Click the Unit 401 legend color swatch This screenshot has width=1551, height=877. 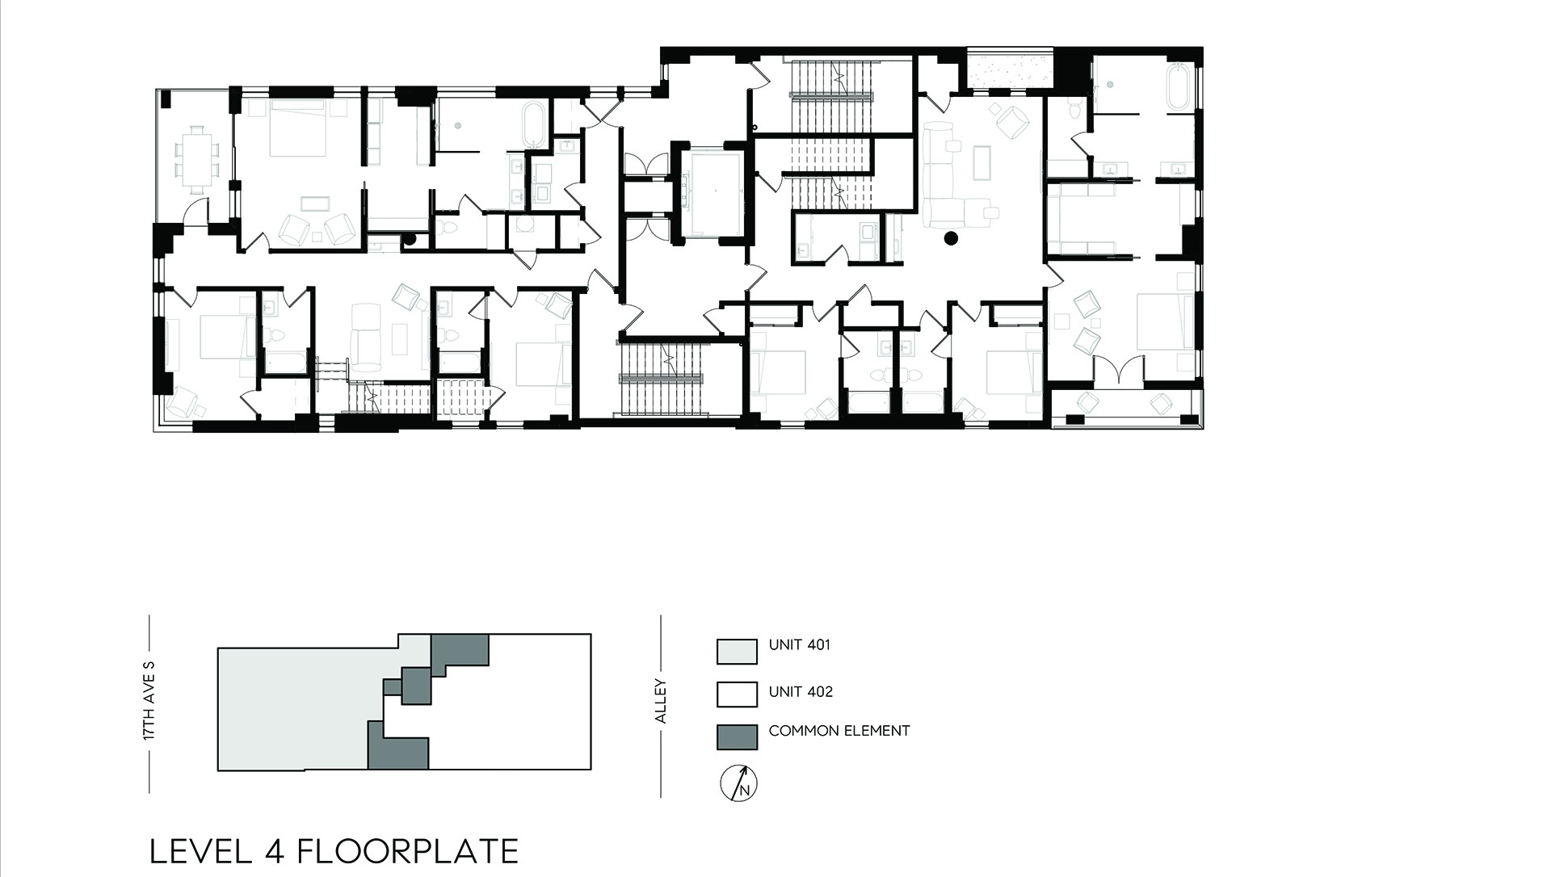click(x=737, y=651)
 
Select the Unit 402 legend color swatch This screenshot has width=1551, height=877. click(x=737, y=694)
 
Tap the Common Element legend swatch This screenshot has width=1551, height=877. click(x=737, y=736)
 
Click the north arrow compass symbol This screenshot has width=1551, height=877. click(x=738, y=783)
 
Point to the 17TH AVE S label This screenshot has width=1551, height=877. click(x=149, y=701)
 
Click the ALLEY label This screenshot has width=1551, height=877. click(x=661, y=701)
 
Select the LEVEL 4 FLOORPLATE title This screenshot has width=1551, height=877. click(x=334, y=851)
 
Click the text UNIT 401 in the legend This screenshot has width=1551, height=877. click(x=799, y=644)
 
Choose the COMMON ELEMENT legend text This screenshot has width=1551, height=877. click(x=839, y=731)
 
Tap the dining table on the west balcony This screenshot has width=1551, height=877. click(x=197, y=160)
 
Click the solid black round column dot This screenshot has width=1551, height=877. click(x=951, y=237)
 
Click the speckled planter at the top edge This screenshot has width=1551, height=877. click(x=1010, y=67)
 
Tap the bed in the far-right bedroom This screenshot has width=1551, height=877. click(x=1165, y=321)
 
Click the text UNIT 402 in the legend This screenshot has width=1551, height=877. click(x=801, y=691)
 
